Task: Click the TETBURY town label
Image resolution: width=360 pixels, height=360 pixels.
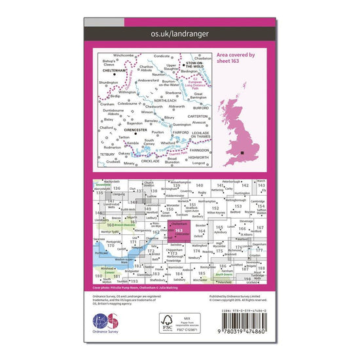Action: [106, 156]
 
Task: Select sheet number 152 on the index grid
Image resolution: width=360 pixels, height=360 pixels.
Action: [216, 213]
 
